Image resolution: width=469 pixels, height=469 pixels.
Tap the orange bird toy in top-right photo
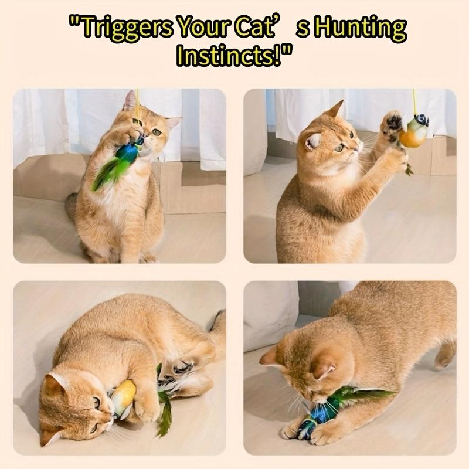click(x=414, y=135)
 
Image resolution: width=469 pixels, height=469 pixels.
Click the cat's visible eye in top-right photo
click(x=341, y=148)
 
